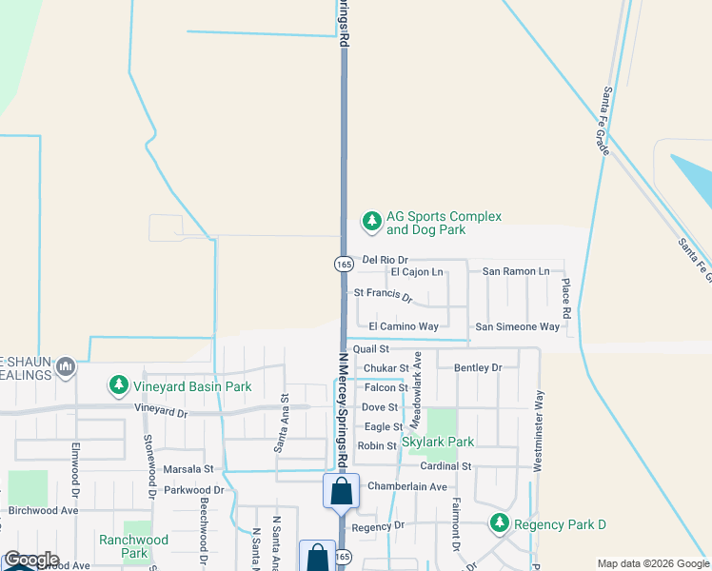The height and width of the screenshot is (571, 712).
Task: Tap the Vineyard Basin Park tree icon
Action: pos(118,386)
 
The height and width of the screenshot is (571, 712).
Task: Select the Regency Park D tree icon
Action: pos(499,523)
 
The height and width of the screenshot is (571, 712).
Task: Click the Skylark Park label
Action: pos(438,442)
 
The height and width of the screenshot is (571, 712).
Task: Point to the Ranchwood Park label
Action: pos(134,546)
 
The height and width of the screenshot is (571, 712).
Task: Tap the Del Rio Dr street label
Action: pos(385,260)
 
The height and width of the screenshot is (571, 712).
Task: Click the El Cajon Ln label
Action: pos(417,272)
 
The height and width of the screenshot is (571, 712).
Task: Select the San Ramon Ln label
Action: pos(516,272)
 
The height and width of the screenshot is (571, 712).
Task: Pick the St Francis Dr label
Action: pos(383,296)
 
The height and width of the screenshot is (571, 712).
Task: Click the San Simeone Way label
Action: pos(517,326)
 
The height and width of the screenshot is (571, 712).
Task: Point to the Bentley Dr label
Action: pos(478,367)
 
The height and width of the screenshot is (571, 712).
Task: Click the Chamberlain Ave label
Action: pos(406,486)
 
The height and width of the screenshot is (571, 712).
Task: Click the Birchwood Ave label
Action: pos(43,510)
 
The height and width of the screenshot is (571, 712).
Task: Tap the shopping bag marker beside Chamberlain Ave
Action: pos(342,492)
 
